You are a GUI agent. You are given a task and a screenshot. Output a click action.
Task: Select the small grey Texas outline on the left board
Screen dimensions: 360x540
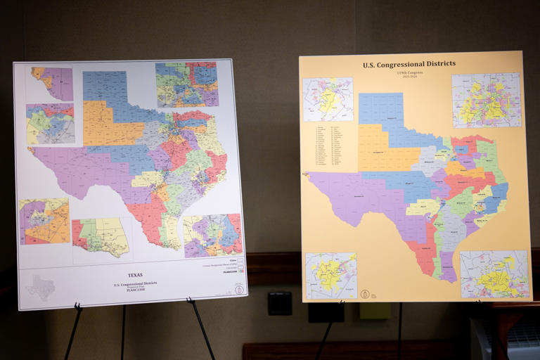[x=40, y=288]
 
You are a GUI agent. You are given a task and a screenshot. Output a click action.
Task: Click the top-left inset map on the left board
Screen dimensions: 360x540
[x=51, y=84]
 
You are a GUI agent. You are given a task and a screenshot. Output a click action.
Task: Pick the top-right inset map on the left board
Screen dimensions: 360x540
[x=186, y=84]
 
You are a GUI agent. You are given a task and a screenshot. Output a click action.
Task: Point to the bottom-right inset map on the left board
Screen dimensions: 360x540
[x=212, y=236]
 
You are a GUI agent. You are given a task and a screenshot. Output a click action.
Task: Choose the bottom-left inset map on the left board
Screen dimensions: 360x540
[x=44, y=221]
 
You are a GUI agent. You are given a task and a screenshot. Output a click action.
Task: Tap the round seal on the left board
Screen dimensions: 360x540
[x=240, y=290]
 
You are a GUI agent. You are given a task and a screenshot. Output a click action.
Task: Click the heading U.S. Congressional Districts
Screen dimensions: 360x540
[x=409, y=64]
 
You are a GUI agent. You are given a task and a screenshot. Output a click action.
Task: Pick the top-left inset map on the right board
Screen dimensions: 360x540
[x=328, y=99]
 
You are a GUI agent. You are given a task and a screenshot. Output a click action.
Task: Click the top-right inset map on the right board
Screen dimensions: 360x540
[x=486, y=99]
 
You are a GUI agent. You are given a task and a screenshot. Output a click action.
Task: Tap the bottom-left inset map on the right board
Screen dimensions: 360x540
[x=330, y=275]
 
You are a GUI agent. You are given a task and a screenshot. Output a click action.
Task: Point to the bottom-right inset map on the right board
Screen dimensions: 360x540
[x=494, y=274]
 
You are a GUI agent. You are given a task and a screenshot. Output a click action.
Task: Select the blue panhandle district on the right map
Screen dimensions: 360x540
[x=381, y=110]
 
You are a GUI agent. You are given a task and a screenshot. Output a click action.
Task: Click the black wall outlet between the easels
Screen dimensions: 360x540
[x=279, y=303]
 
